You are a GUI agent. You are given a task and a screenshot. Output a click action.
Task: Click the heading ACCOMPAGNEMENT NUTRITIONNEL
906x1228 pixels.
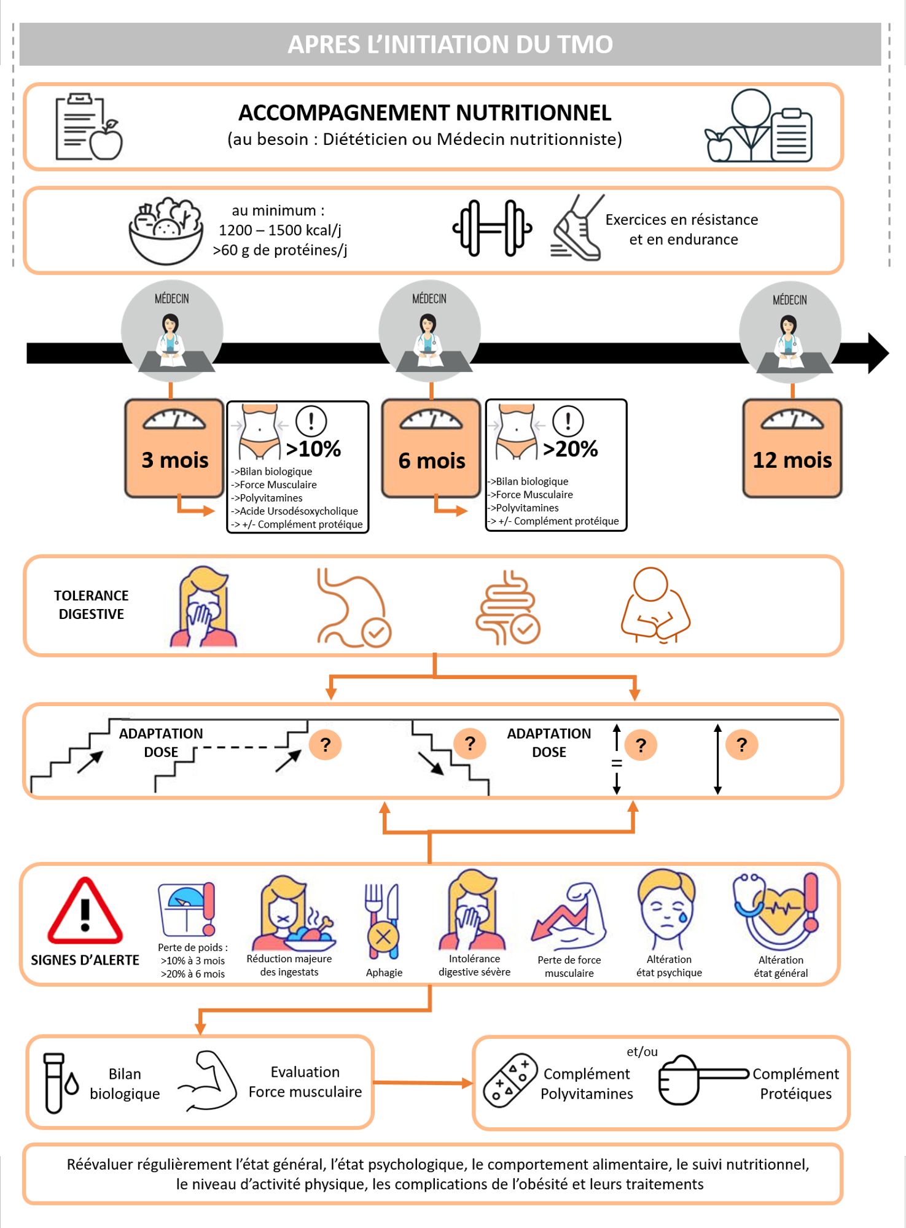click(x=424, y=113)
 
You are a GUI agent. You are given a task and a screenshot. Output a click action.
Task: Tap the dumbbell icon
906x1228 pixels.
click(x=492, y=228)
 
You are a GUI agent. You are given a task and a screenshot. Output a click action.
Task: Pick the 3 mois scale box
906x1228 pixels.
click(x=174, y=448)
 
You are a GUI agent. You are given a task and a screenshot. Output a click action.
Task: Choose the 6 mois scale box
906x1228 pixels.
click(x=431, y=448)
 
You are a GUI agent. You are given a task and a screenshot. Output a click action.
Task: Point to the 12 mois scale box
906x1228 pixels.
click(x=792, y=448)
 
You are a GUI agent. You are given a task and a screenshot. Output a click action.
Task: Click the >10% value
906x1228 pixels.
click(x=313, y=449)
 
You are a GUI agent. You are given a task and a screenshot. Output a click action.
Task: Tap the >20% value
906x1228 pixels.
click(x=570, y=449)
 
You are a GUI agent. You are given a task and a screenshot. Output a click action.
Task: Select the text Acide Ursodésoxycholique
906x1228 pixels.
click(x=299, y=511)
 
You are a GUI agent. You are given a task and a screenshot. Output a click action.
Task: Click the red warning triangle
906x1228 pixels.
click(x=85, y=912)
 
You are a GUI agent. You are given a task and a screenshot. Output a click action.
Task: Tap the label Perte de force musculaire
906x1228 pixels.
click(x=569, y=966)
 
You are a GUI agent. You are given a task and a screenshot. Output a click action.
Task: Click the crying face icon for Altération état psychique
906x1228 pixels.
click(x=668, y=909)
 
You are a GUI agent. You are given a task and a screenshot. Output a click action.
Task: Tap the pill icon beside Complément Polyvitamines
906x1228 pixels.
click(x=510, y=1081)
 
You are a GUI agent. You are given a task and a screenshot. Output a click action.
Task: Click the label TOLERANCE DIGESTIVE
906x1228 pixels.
click(x=91, y=605)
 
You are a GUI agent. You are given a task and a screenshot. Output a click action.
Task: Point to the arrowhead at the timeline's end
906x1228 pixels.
click(x=878, y=353)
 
